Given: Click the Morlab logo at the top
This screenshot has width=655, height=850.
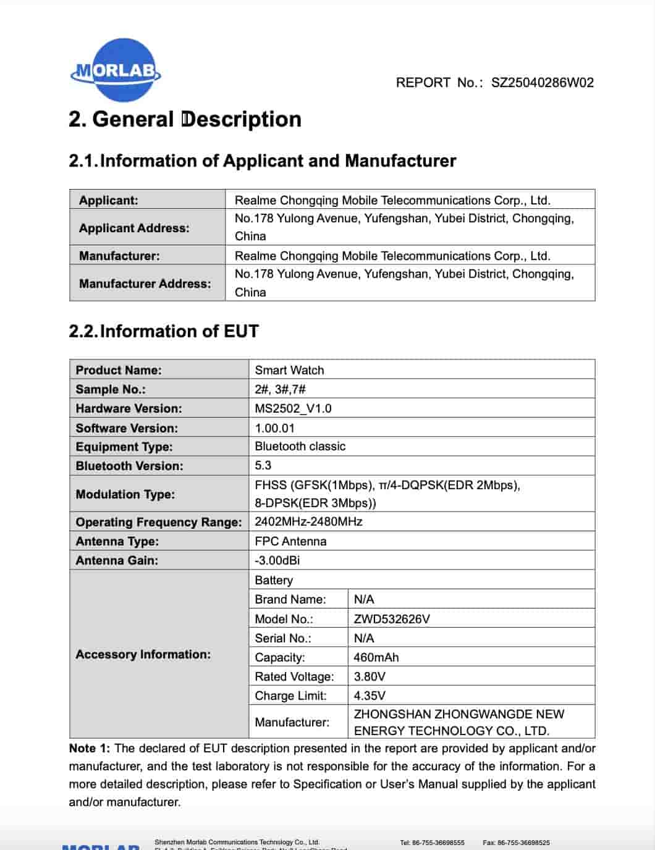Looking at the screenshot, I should tap(116, 70).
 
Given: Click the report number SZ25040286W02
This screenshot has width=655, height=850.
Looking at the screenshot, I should tap(542, 83).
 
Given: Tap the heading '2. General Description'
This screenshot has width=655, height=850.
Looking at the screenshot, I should tap(185, 119).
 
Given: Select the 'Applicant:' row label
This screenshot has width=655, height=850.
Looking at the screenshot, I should tap(108, 200).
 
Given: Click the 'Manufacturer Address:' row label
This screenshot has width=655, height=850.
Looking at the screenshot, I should tap(145, 284).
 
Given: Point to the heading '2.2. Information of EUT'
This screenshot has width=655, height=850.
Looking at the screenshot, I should tap(164, 331).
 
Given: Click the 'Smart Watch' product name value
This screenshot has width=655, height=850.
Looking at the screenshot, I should tap(289, 370).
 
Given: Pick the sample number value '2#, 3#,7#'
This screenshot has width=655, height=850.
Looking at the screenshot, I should tap(280, 389).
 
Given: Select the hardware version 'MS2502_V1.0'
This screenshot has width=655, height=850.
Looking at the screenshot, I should tap(293, 408).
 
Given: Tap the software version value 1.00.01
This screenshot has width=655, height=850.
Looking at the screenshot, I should tap(274, 428).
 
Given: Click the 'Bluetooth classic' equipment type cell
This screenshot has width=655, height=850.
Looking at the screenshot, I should tap(300, 446).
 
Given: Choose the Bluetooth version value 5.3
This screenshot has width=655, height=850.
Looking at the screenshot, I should tap(263, 465).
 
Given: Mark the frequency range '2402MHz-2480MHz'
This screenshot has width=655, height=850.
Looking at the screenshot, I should tap(308, 521).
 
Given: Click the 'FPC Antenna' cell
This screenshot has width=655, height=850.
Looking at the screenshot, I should tap(290, 541).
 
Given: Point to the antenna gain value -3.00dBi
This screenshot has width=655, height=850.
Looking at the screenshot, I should tap(277, 560).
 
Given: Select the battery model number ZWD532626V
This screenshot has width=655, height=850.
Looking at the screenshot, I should tap(392, 619).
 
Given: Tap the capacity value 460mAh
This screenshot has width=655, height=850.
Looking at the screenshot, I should tap(376, 657).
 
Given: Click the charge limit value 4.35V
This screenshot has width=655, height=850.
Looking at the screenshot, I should tap(370, 696).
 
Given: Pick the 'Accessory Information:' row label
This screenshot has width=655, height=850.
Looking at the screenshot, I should tap(143, 654).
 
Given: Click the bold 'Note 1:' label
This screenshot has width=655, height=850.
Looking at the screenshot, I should tap(90, 748).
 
